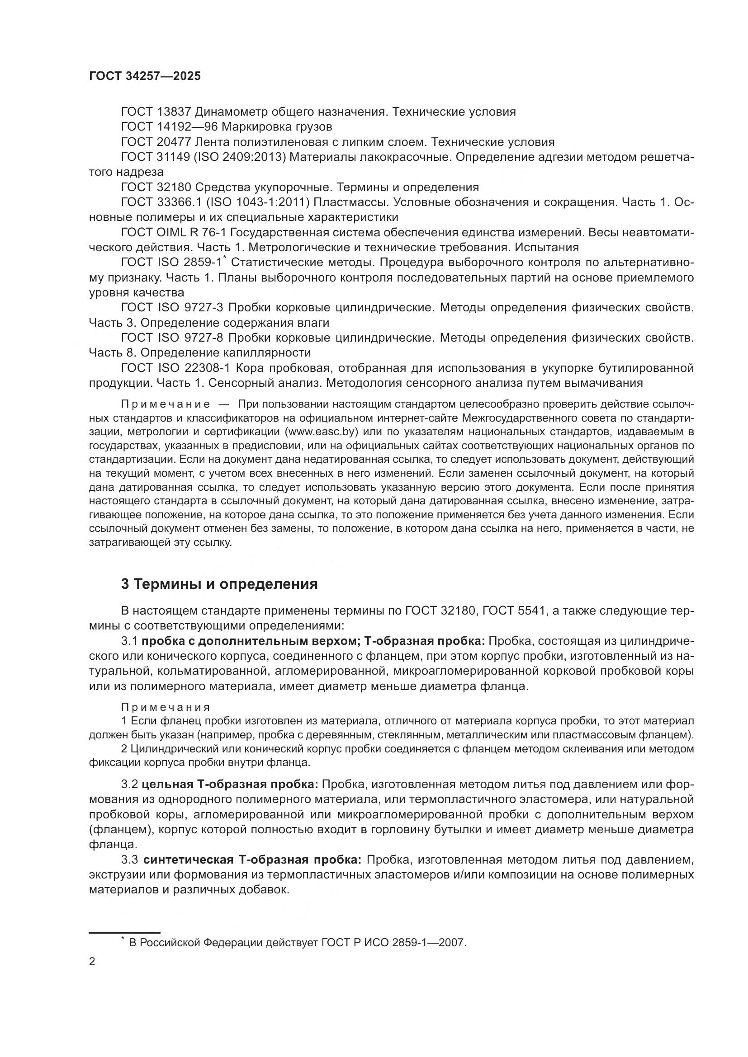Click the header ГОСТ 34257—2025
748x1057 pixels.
click(x=145, y=76)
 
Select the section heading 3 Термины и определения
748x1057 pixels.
click(x=219, y=584)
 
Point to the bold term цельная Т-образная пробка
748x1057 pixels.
click(x=230, y=785)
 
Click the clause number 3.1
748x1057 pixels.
click(x=129, y=641)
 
